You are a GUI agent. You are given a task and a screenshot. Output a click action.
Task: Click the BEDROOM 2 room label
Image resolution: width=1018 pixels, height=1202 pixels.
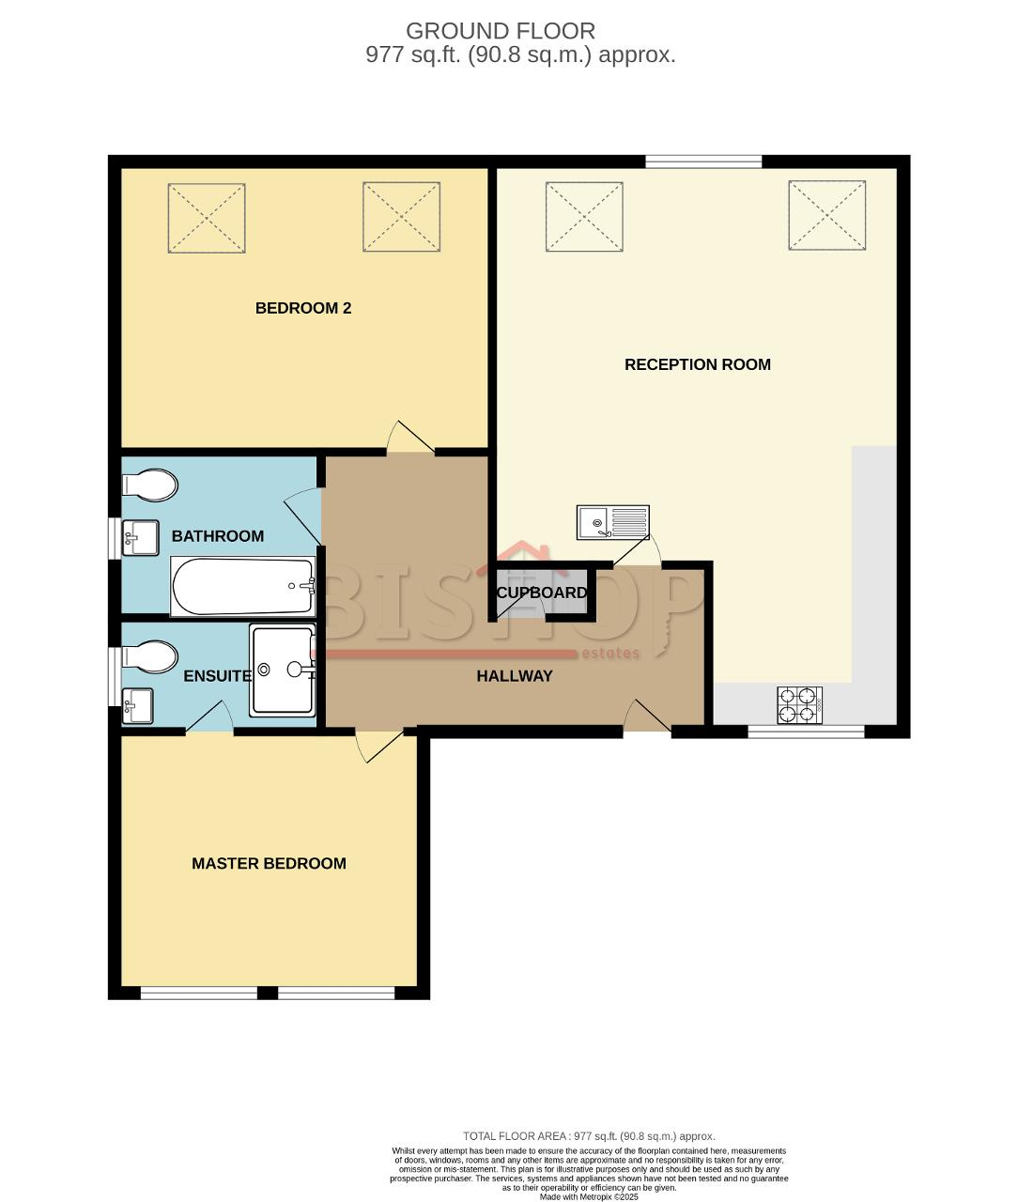click(x=303, y=308)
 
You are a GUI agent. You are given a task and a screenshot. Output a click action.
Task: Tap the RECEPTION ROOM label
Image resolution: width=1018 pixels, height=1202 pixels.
click(x=698, y=364)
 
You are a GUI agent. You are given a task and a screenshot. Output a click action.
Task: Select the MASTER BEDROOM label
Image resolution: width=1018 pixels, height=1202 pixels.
click(x=269, y=864)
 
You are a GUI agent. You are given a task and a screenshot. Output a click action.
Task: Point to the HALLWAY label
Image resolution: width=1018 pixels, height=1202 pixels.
click(x=515, y=676)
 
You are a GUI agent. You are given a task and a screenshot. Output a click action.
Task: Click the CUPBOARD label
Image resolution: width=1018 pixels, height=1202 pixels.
click(x=542, y=593)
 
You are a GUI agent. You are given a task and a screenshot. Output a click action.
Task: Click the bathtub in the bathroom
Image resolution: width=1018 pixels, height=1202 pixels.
click(x=243, y=586)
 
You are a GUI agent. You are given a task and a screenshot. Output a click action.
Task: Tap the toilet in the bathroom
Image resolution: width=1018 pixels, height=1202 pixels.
click(x=149, y=485)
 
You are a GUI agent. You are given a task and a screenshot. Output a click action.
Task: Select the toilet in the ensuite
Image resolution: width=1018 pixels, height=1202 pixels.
click(x=149, y=657)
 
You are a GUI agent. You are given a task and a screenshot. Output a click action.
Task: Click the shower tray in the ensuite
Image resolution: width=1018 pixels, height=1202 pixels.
click(x=283, y=670)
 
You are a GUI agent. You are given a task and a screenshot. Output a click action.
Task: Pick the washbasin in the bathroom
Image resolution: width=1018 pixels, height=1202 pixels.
click(x=140, y=538)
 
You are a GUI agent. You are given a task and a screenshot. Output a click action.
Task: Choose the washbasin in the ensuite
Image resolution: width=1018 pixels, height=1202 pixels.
click(x=137, y=706)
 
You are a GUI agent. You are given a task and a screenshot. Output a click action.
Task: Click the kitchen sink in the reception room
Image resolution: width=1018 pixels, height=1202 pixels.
click(x=613, y=522)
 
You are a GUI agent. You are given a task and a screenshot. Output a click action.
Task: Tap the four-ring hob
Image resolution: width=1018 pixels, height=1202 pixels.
click(x=800, y=705)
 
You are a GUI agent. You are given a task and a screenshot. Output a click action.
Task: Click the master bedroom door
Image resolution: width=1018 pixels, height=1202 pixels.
click(x=378, y=745)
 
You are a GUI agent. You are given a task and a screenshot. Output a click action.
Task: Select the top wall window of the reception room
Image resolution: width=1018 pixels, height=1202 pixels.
click(x=703, y=162)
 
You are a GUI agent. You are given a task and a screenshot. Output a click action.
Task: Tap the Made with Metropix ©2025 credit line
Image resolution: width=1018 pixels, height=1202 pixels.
click(x=589, y=1196)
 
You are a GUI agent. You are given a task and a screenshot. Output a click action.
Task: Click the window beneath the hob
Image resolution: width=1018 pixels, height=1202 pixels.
click(x=806, y=732)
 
